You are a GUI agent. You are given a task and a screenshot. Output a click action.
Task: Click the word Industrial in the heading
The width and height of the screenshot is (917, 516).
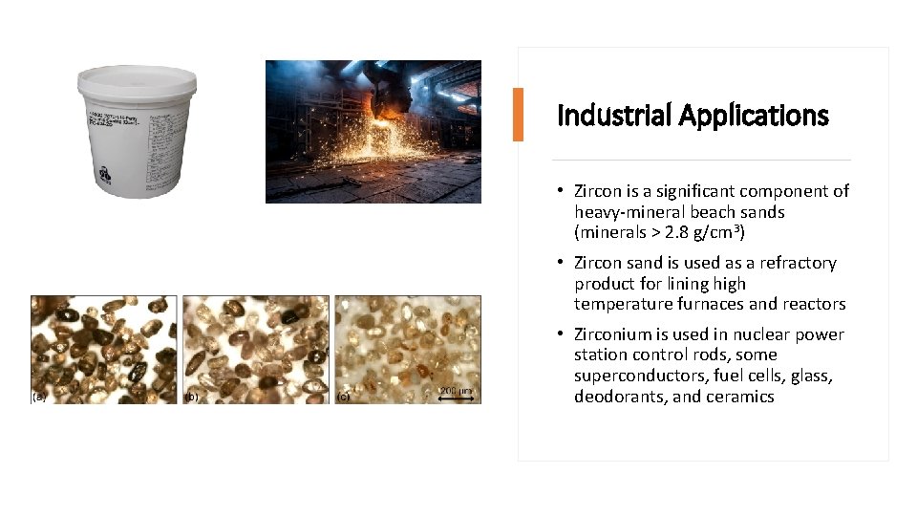[614, 116]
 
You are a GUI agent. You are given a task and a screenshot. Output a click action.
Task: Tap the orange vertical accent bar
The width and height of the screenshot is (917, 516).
[518, 115]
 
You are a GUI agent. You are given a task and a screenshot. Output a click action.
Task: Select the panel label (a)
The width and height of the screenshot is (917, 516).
[39, 396]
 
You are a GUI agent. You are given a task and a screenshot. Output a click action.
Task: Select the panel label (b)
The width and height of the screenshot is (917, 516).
[191, 396]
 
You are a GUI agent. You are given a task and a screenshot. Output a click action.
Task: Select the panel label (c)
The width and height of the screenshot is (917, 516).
[344, 396]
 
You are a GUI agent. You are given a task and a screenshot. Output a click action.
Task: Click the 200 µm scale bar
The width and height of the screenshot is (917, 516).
[456, 396]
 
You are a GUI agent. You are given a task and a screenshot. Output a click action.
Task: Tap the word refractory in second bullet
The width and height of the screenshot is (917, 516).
[789, 263]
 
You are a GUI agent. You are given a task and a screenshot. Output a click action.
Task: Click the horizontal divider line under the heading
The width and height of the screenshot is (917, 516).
[702, 160]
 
